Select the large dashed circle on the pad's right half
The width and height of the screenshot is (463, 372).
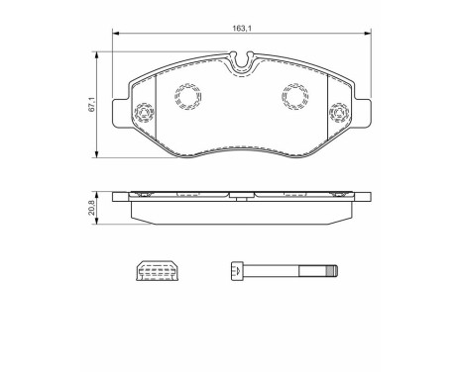(294, 95)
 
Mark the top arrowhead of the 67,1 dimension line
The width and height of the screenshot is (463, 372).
(97, 57)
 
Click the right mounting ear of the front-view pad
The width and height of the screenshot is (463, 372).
(352, 112)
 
